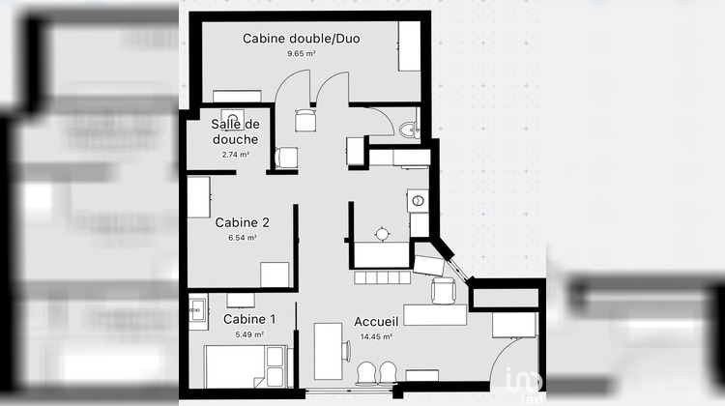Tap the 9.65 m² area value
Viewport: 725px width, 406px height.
click(302, 54)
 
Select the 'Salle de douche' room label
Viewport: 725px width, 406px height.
click(236, 131)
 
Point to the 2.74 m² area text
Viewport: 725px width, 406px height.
click(236, 154)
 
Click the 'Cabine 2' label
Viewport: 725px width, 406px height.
click(242, 221)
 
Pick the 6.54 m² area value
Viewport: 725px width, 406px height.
click(243, 238)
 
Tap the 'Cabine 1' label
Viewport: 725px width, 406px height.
click(249, 319)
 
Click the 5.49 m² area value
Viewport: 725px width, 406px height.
click(249, 334)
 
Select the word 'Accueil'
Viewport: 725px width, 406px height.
click(375, 322)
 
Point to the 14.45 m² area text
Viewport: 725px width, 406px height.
click(375, 337)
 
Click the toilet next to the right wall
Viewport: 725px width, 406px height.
click(407, 130)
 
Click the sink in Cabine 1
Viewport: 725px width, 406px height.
click(197, 309)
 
